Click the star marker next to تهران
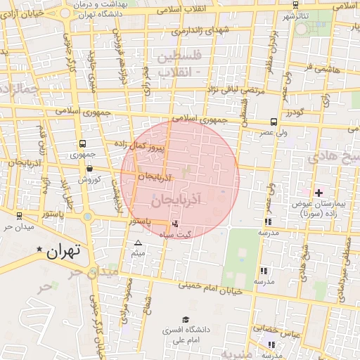(39, 249)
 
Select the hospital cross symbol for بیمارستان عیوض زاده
(319, 193)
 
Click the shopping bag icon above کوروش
(89, 168)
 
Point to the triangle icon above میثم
(138, 243)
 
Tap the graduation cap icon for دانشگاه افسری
(185, 319)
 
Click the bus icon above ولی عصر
(274, 122)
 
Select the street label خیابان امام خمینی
(211, 286)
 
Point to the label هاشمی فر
(323, 70)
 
